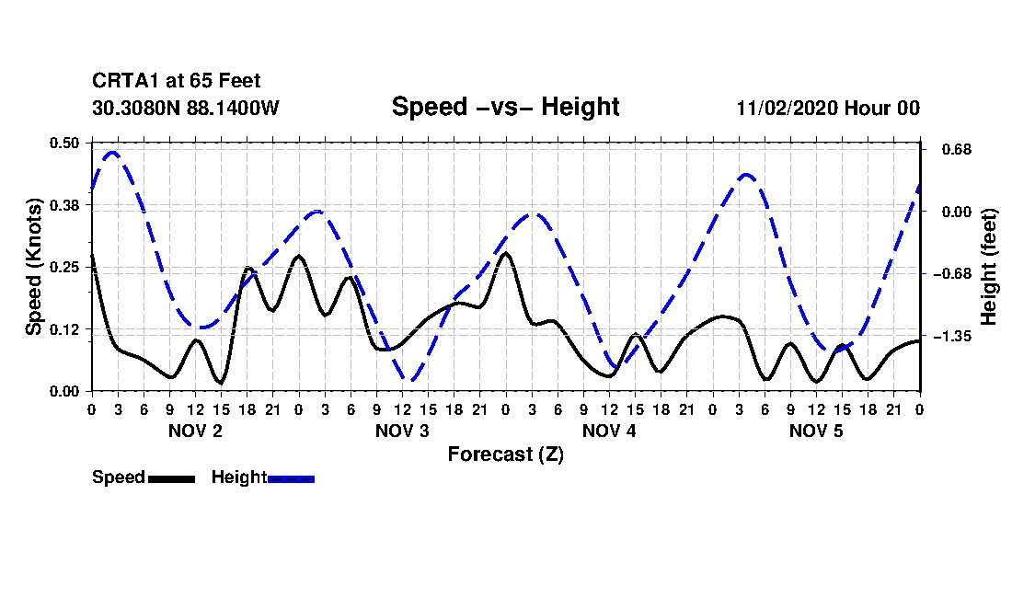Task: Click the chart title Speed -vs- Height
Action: coord(505,107)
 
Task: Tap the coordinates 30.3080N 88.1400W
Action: coord(186,109)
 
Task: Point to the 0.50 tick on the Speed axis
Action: coord(66,143)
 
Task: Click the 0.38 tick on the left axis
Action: coord(66,204)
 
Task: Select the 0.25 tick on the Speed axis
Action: coord(66,267)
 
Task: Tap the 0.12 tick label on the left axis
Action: coord(66,329)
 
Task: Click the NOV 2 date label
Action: coord(195,431)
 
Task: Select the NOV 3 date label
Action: coord(402,431)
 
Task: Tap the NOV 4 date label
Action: coord(609,431)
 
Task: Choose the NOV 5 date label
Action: coord(816,431)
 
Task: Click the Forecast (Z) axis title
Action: coord(505,454)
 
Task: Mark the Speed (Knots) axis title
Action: coord(34,267)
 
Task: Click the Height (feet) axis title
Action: coord(989,267)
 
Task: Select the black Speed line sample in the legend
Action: coord(171,478)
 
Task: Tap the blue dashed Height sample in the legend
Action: coord(291,478)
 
